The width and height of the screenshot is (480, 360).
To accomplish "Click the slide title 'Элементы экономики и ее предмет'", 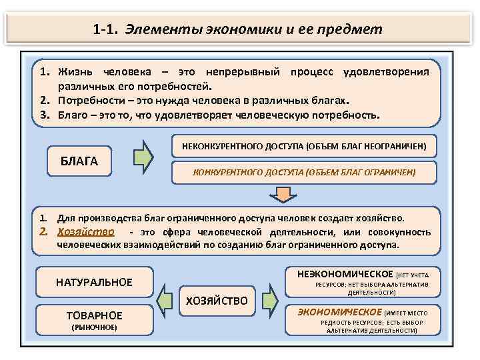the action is [254, 29].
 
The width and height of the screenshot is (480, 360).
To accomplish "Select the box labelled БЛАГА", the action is [79, 161].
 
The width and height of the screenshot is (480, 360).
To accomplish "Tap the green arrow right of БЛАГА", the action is [143, 158].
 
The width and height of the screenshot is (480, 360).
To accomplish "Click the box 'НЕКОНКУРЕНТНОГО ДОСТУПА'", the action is [304, 145].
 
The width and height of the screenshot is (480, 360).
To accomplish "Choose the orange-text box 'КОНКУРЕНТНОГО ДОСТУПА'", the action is [304, 172].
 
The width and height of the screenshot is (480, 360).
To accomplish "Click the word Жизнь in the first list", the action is [75, 71].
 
